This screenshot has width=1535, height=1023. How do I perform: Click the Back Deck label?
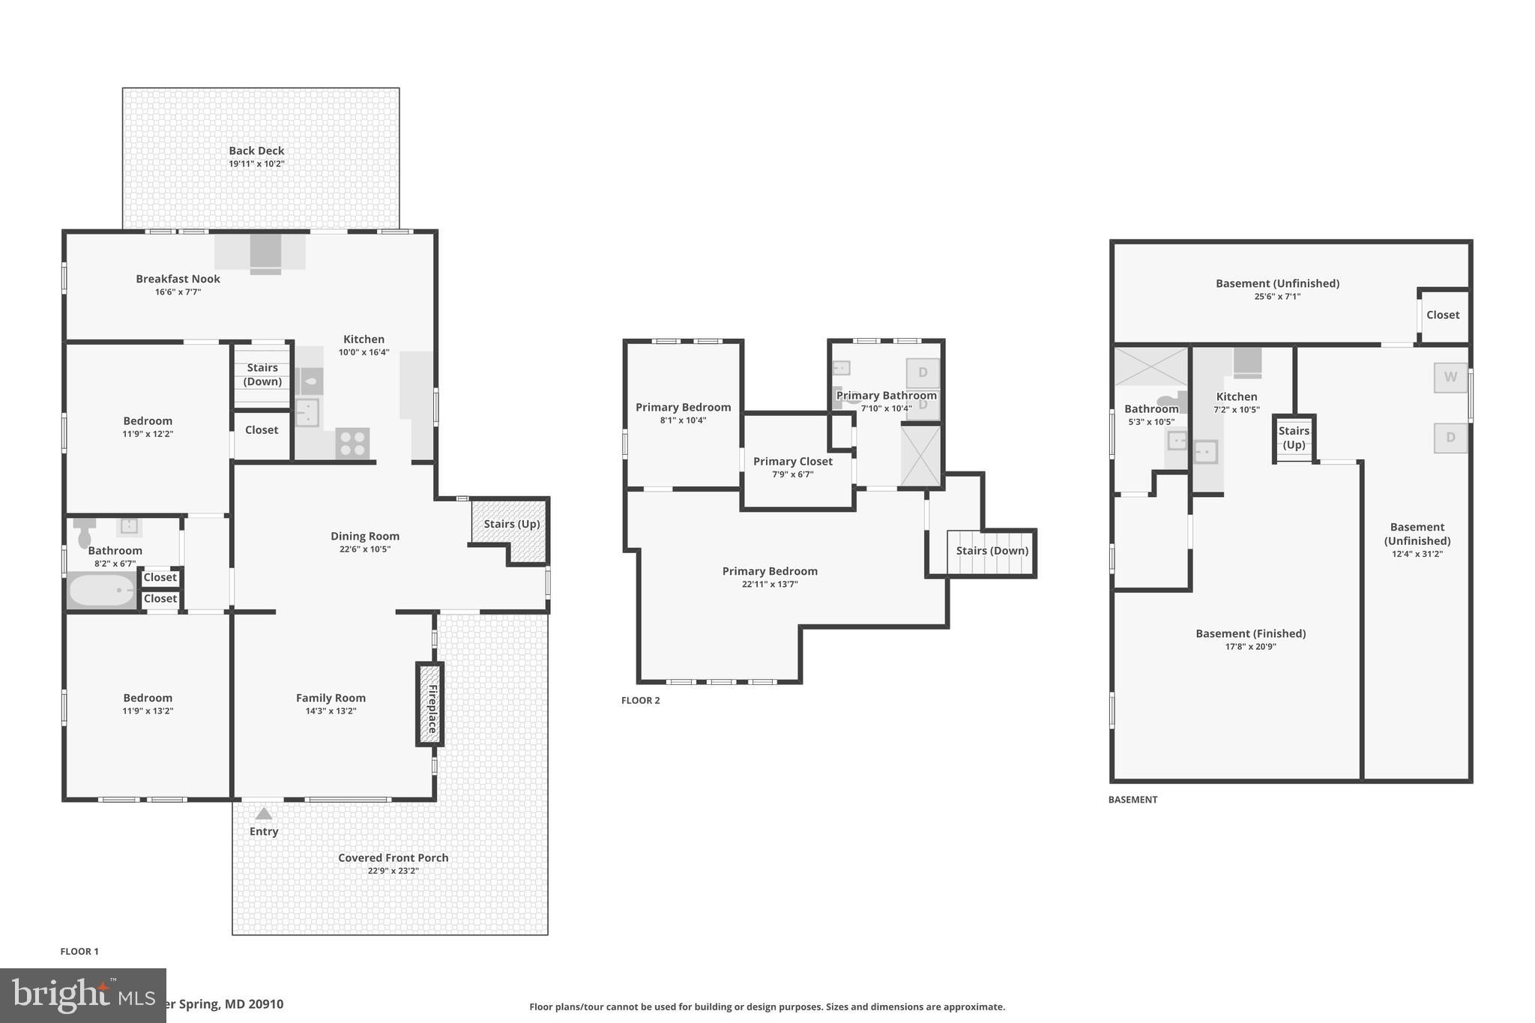[x=256, y=151]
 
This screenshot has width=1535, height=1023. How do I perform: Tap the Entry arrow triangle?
[x=264, y=813]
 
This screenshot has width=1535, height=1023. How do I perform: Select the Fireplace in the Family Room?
[x=430, y=704]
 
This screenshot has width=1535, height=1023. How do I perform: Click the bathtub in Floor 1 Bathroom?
[x=102, y=591]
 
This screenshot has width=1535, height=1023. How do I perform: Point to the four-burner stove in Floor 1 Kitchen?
[x=352, y=442]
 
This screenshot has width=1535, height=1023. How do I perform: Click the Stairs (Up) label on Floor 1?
[x=511, y=524]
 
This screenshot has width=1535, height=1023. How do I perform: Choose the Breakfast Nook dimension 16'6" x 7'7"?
[x=178, y=292]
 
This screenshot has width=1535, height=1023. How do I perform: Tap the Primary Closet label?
[x=792, y=462]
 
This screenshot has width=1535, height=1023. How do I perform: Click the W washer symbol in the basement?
[x=1450, y=377]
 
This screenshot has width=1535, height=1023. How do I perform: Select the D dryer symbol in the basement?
[x=1450, y=438]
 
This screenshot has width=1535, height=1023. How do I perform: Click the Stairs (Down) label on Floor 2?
[x=992, y=551]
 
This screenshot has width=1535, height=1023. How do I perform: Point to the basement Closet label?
[x=1442, y=315]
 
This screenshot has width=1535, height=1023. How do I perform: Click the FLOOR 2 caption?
[x=640, y=701]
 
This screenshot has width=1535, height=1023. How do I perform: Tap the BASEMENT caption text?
[x=1133, y=800]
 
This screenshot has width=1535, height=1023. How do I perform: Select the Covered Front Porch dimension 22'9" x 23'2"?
[x=393, y=871]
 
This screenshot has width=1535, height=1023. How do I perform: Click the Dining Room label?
[x=365, y=536]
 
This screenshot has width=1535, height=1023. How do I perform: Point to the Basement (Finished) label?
[x=1250, y=633]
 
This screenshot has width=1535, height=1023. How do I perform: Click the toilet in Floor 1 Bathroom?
[x=85, y=534]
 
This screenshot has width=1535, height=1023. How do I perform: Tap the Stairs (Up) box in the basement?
[x=1294, y=438]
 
